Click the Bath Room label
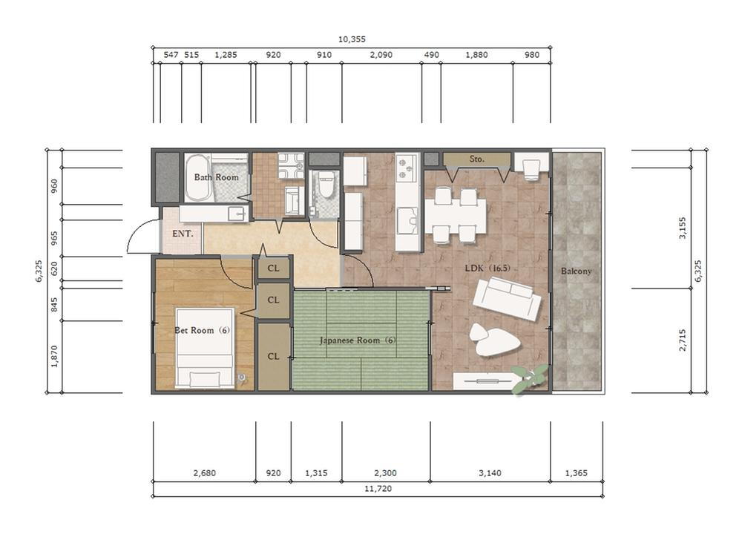216,177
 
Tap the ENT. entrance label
183,234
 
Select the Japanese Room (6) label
358,340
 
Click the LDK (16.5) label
487,268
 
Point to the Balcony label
577,271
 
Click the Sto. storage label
477,159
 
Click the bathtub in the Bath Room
197,178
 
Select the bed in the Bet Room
205,348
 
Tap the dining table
456,216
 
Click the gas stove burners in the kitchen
407,168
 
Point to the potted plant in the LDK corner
531,379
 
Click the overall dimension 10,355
352,39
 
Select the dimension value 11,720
378,489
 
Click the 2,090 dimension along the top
381,55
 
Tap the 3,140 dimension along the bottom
490,473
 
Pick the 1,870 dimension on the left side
54,357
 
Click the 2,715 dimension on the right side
683,340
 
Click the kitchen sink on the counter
407,221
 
